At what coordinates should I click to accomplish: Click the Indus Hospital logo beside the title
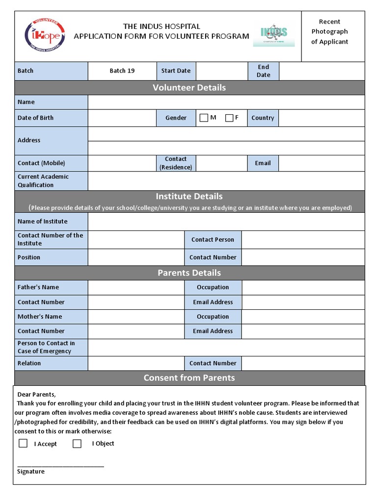(273, 35)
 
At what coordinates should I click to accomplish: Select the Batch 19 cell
(122, 71)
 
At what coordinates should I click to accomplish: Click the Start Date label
(176, 71)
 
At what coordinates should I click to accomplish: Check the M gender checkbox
(204, 118)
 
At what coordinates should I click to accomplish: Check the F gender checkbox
(229, 118)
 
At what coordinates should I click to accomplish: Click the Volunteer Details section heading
(189, 88)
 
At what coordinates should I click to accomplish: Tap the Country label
(263, 118)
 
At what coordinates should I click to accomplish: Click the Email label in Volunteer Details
(263, 163)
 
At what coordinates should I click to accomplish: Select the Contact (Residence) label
(176, 163)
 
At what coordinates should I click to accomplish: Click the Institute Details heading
(189, 197)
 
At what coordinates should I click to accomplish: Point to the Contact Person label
(213, 240)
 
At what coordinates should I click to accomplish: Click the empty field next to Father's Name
(136, 287)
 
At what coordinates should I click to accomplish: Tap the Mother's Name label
(40, 317)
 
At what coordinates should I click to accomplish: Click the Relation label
(29, 363)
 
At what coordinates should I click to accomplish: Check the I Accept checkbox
(23, 443)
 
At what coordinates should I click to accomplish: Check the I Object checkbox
(77, 444)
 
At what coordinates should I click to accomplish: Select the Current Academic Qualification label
(43, 181)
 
